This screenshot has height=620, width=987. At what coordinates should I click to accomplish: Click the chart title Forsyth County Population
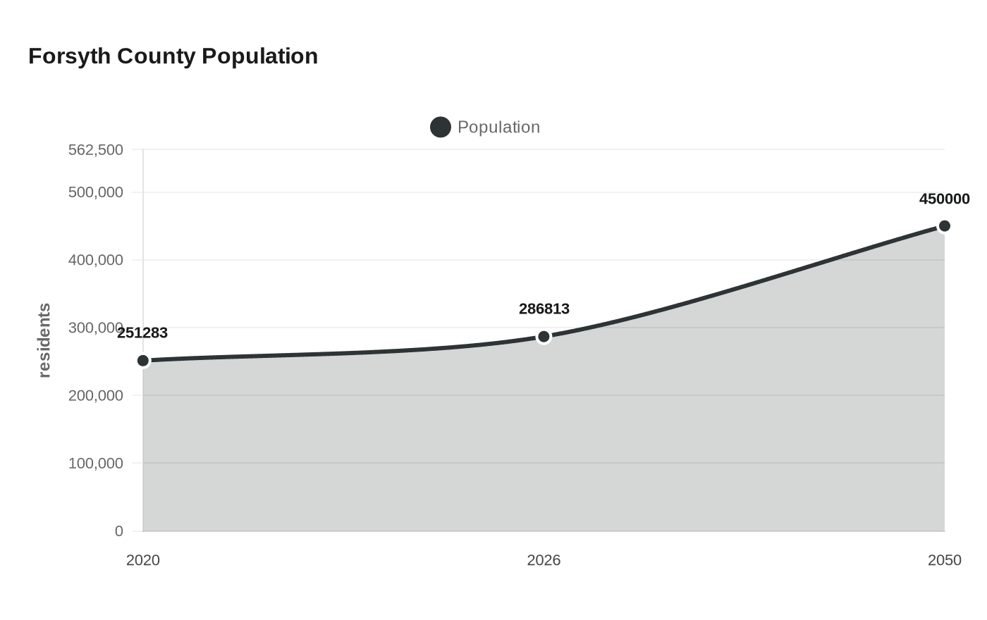coord(173,56)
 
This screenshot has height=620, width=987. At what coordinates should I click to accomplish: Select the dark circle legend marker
coord(441,128)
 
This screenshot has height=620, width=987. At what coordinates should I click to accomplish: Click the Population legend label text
coord(498,128)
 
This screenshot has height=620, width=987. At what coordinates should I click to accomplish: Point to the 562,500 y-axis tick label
coord(96,149)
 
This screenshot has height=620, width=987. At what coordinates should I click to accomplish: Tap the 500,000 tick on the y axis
coord(96,192)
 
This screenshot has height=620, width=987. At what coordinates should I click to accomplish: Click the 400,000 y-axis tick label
coord(96,260)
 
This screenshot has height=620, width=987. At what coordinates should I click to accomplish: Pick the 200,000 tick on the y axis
coord(96,395)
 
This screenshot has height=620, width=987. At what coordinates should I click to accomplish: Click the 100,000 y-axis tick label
coord(96,463)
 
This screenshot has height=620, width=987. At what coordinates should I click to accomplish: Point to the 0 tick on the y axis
coord(119,531)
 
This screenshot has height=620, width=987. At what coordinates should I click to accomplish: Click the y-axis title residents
coord(44,340)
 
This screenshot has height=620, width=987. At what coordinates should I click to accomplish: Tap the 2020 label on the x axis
coord(143,560)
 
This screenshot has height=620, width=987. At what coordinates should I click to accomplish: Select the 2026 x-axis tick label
coord(544,560)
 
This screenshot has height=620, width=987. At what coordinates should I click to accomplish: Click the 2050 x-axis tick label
coord(944,560)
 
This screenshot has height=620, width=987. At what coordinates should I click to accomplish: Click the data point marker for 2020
coord(143,361)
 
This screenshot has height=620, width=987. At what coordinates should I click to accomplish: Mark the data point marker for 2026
coord(544,337)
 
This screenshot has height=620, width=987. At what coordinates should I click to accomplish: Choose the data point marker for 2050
coord(945,226)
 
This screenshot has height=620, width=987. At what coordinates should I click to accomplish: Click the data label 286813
coord(544,309)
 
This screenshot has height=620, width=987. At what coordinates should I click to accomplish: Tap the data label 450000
coord(944,199)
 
